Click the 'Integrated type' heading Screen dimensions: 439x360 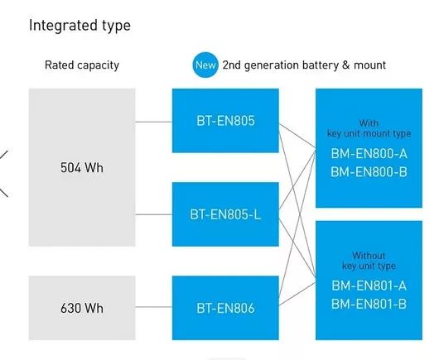tap(80, 26)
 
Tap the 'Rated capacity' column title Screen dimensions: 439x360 tap(82, 65)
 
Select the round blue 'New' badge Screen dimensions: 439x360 tap(205, 65)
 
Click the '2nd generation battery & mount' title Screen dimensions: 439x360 tap(304, 65)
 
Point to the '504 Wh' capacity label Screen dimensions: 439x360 tap(82, 167)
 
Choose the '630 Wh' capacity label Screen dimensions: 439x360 tap(82, 308)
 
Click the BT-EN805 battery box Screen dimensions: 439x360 tap(225, 121)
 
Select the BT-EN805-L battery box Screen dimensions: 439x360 tap(225, 214)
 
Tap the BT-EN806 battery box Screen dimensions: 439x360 tap(225, 308)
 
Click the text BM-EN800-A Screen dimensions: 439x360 tap(369, 154)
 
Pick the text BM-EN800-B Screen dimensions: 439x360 tap(369, 172)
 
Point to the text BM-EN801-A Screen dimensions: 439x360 tap(369, 286)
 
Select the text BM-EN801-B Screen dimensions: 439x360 tap(369, 304)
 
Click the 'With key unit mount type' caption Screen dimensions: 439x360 tap(369, 128)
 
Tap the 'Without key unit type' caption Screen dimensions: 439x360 tap(369, 261)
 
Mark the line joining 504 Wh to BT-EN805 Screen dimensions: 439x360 tap(154, 122)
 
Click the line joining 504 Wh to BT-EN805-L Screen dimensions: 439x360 tap(154, 214)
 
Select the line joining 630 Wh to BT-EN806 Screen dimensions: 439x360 tap(154, 307)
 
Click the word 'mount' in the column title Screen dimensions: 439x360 tap(370, 65)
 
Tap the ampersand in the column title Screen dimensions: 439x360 tap(346, 65)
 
